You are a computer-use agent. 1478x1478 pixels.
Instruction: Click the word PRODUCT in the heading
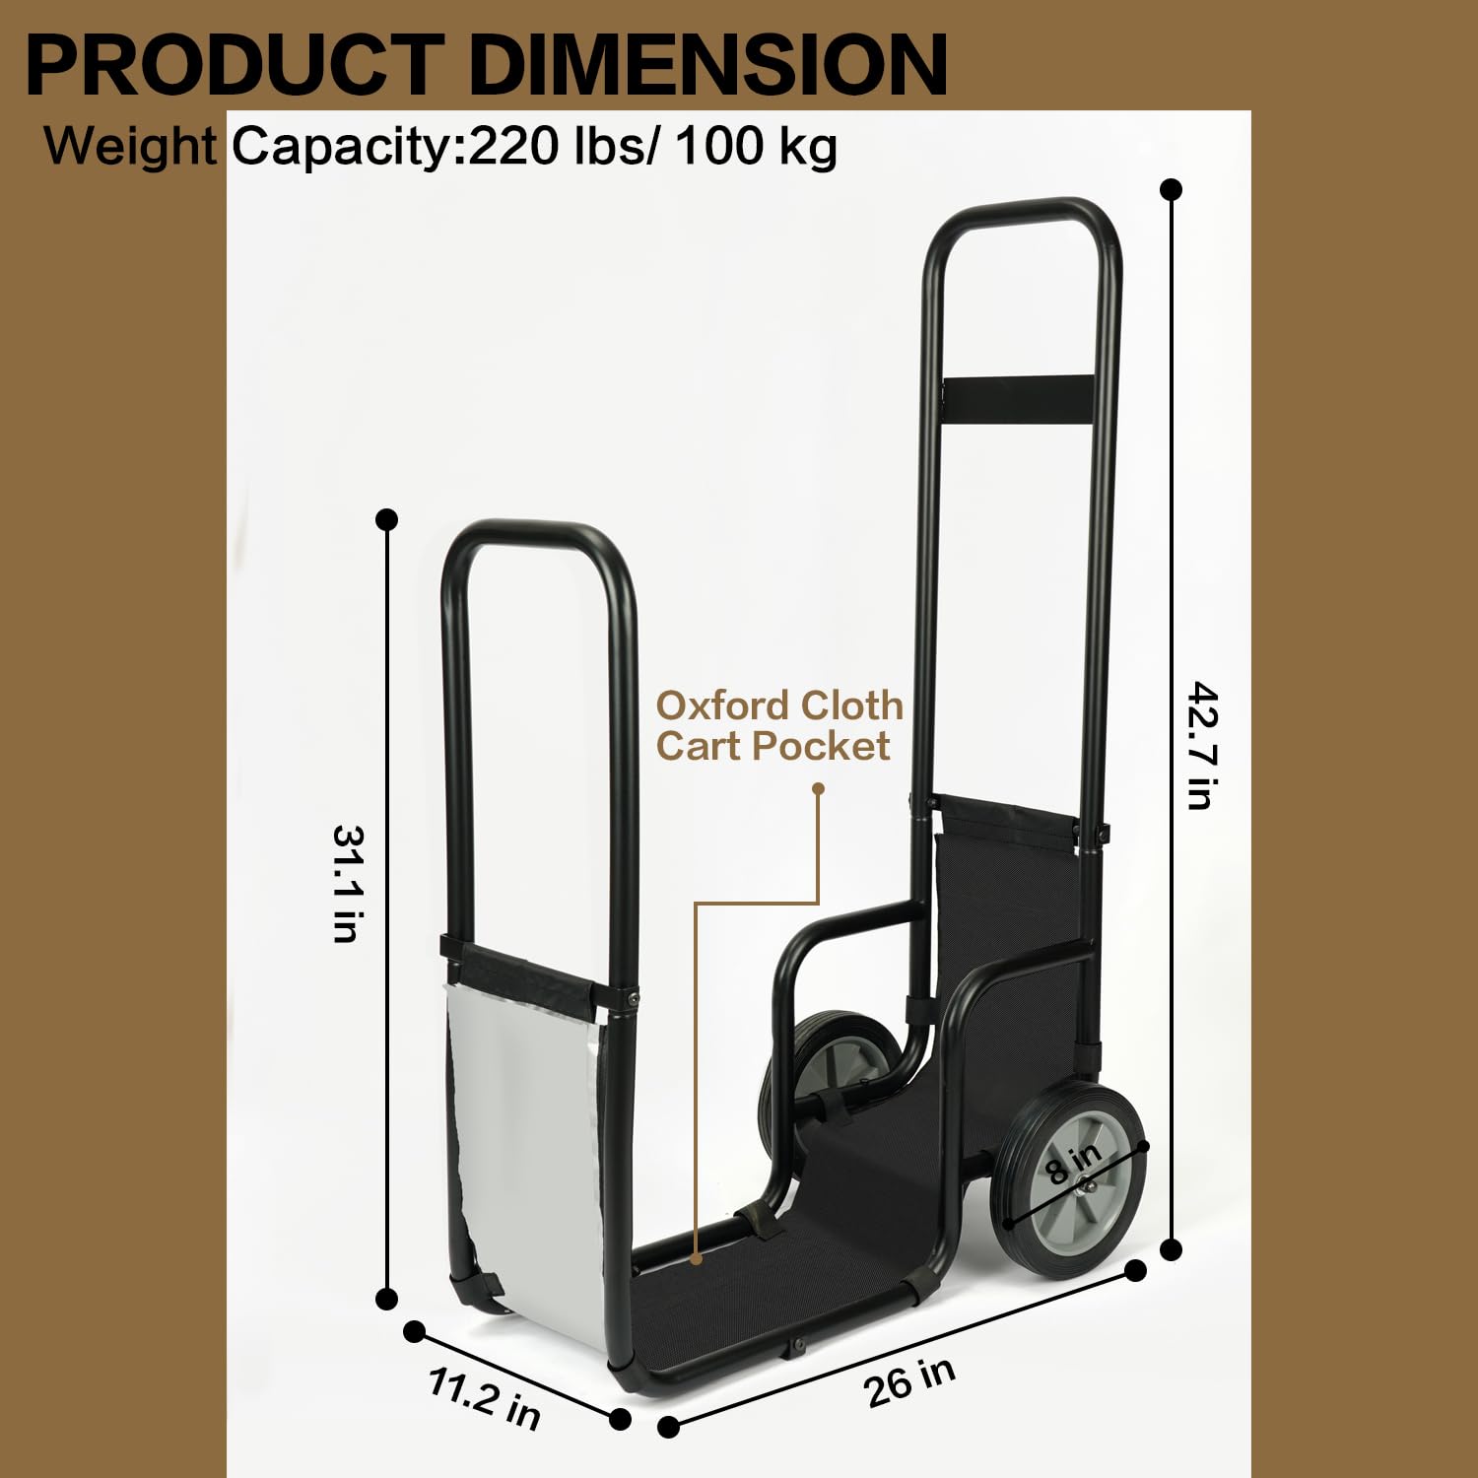click(x=235, y=65)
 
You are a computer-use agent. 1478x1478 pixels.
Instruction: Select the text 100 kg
click(x=757, y=146)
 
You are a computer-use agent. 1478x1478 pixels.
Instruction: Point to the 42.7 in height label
click(x=1203, y=746)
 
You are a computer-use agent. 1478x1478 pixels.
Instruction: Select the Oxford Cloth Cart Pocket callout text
click(x=778, y=726)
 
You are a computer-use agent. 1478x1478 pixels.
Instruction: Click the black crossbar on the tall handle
click(x=1017, y=397)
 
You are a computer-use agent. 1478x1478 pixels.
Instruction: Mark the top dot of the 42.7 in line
click(x=1172, y=189)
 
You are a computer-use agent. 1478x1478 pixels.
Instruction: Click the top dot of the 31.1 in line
click(x=387, y=519)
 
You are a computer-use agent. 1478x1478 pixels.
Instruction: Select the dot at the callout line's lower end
click(x=697, y=1258)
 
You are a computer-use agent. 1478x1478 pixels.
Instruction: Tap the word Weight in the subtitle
click(x=129, y=146)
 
